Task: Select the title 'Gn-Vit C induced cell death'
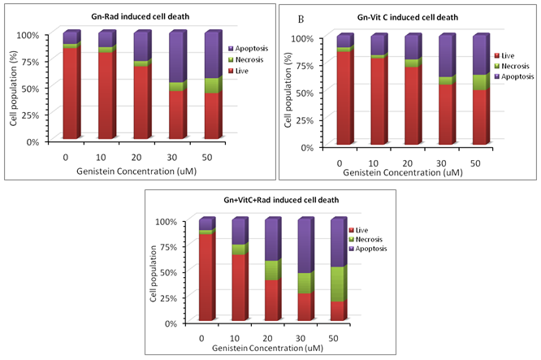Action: click(413, 17)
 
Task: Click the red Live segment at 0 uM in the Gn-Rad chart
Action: click(70, 94)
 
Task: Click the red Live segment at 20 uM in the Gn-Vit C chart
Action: click(412, 106)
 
